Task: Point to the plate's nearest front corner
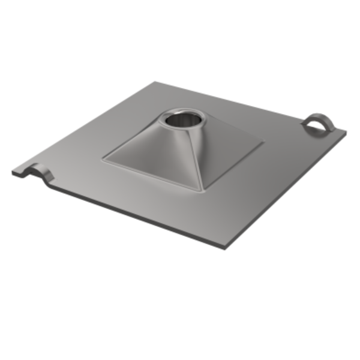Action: [x=223, y=247]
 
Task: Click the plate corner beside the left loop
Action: [x=13, y=173]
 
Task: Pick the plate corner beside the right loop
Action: [x=344, y=133]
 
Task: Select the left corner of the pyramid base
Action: [x=103, y=159]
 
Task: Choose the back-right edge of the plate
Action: [x=240, y=102]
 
